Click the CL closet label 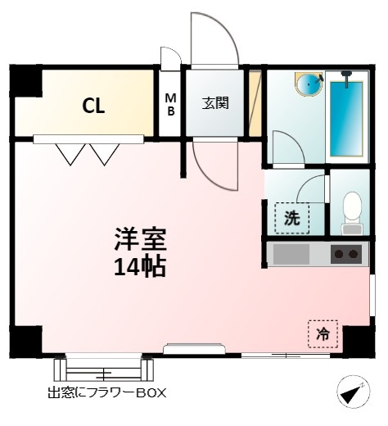tap(93, 106)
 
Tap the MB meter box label tap(171, 105)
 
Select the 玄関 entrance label tap(215, 103)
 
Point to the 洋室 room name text tap(140, 238)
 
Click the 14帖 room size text tap(140, 267)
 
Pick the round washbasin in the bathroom tap(309, 84)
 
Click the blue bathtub tap(346, 119)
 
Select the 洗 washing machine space tap(292, 218)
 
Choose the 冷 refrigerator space tap(323, 333)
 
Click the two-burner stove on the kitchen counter tap(346, 254)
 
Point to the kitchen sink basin tap(291, 254)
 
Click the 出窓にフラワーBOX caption tap(107, 393)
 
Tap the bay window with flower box tap(103, 369)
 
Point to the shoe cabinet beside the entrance tap(255, 103)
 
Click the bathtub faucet tap(346, 79)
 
